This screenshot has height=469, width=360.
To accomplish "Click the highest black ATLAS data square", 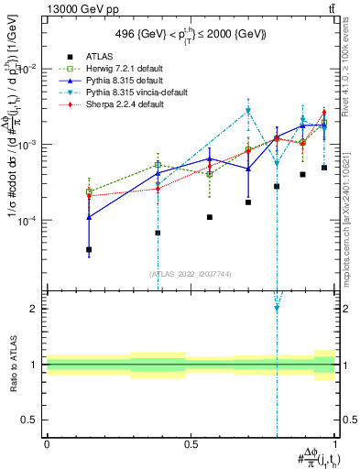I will click(324, 168).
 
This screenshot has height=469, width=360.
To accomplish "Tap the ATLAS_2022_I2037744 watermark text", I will click(190, 274).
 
